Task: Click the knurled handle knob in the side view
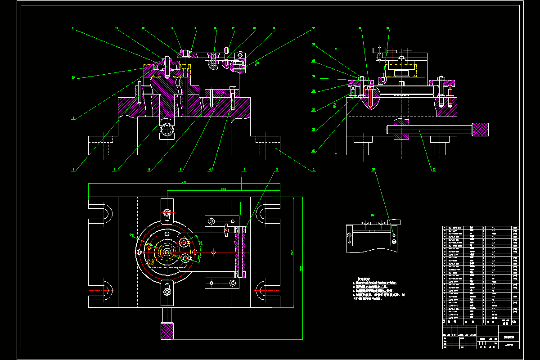coord(480,130)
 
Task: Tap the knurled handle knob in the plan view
coord(167,331)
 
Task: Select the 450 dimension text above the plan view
coord(184,182)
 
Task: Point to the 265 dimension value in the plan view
coord(223,189)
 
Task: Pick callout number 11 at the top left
coord(73,28)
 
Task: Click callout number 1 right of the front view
coord(314,170)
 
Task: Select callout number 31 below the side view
coord(434,170)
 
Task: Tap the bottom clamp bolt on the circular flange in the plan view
coord(167,292)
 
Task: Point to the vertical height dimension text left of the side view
coord(334,106)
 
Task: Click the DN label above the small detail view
coord(372,216)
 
